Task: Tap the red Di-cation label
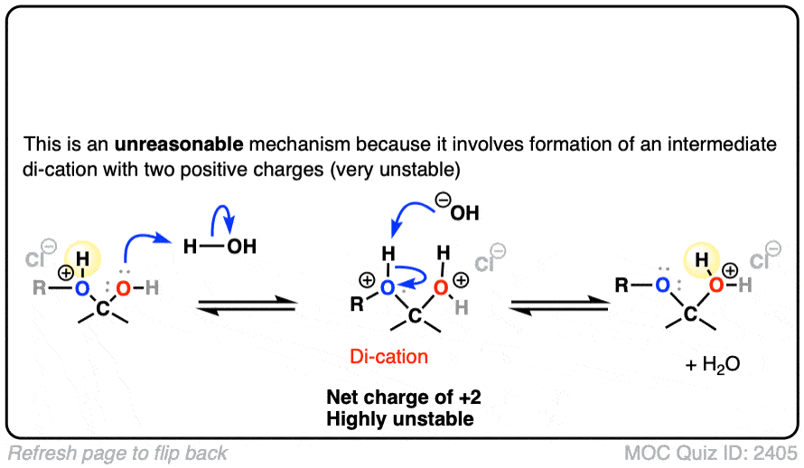(388, 358)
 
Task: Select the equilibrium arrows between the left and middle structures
(246, 307)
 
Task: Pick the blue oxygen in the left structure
(82, 288)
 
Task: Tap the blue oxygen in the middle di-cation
(387, 287)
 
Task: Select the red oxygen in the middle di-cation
(441, 287)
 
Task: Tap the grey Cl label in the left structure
(34, 262)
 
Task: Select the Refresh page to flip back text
(117, 453)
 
